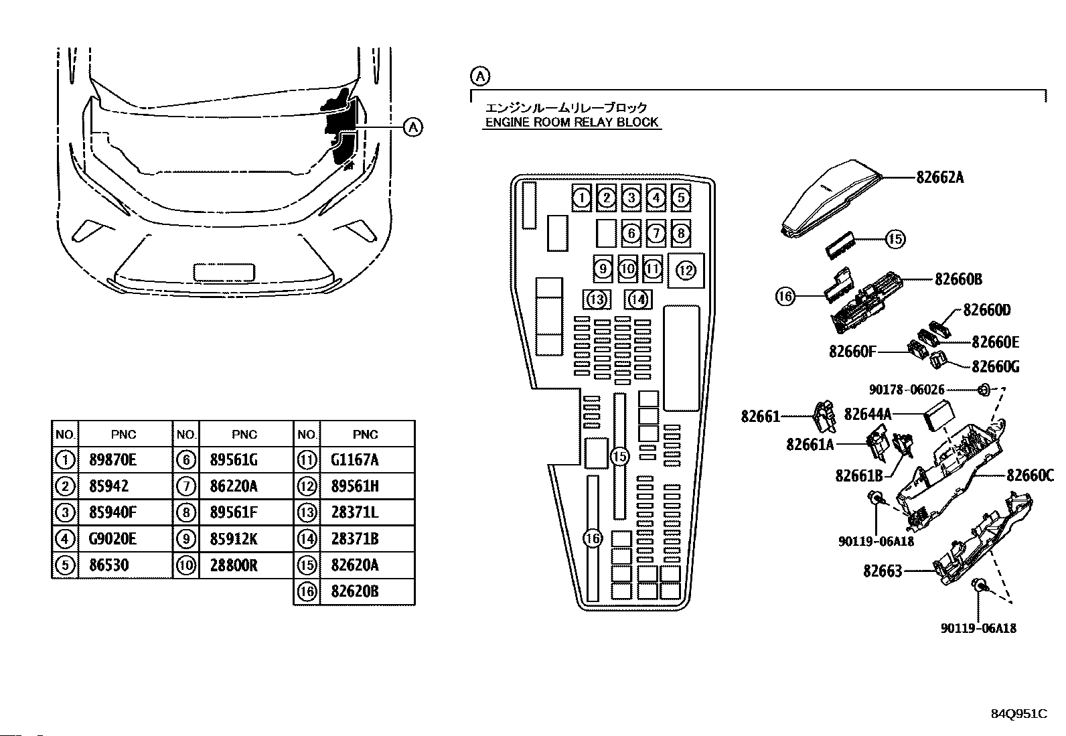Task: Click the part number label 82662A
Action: coord(940,177)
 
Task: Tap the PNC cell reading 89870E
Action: coord(112,460)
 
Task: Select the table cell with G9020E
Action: coord(112,539)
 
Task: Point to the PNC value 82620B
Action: coord(354,591)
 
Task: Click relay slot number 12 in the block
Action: coord(686,271)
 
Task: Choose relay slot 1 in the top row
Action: coord(581,198)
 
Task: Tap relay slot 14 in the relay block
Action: coord(638,299)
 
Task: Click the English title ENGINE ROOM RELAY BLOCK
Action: coord(572,123)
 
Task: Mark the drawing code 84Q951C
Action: coord(1019,714)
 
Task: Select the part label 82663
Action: coord(883,571)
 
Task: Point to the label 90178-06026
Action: coord(907,390)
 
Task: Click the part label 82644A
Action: coord(868,415)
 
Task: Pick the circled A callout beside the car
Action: coord(412,127)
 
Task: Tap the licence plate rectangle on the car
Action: coord(224,273)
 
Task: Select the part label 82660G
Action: coord(996,366)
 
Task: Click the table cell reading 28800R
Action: coord(234,566)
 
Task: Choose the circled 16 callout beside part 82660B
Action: coord(785,297)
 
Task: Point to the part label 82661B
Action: coord(859,475)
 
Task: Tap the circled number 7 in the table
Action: coord(186,486)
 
